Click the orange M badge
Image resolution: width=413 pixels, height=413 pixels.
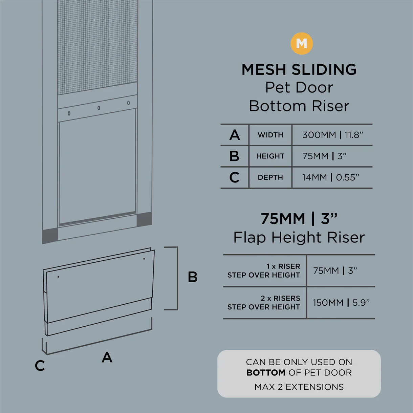pos(301,44)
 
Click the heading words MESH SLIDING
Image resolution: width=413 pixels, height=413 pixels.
pos(299,69)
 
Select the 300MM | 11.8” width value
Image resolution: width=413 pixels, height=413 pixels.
pos(333,135)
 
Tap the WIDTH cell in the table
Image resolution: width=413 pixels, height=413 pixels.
pos(270,135)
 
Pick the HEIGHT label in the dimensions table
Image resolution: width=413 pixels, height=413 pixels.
pos(270,156)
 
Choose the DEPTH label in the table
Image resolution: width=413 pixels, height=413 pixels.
pos(270,177)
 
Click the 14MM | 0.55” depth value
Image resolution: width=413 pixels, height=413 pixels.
pos(330,177)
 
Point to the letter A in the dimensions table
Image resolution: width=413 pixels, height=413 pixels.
pos(235,135)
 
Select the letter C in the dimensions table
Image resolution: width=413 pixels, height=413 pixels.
pos(234,177)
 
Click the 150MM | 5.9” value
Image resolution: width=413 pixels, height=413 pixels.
pos(341,303)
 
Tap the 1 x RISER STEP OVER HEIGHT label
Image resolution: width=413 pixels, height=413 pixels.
pos(264,271)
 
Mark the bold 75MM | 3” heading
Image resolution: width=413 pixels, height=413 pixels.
pos(299,219)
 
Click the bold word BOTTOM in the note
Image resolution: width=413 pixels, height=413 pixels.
pos(266,373)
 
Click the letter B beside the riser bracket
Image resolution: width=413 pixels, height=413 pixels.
pos(193,277)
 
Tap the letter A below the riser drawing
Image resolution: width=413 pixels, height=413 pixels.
pos(107,357)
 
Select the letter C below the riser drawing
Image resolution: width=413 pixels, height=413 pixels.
pos(40,366)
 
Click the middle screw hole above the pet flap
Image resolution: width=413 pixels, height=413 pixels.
pos(99,108)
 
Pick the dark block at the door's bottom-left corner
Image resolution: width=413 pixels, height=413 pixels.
pos(50,236)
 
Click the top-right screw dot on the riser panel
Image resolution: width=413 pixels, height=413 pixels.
pos(144,259)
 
